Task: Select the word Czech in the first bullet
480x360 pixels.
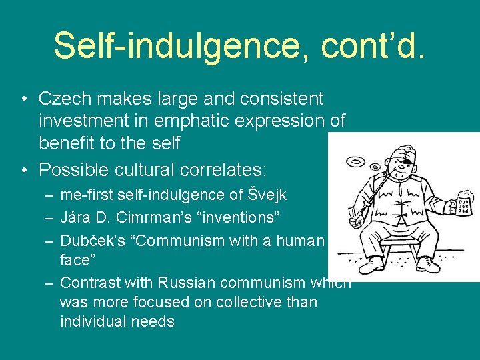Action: click(x=65, y=99)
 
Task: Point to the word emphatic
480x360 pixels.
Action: click(x=212, y=121)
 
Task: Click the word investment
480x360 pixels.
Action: click(x=85, y=121)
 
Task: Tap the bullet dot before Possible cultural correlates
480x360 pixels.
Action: click(x=24, y=170)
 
